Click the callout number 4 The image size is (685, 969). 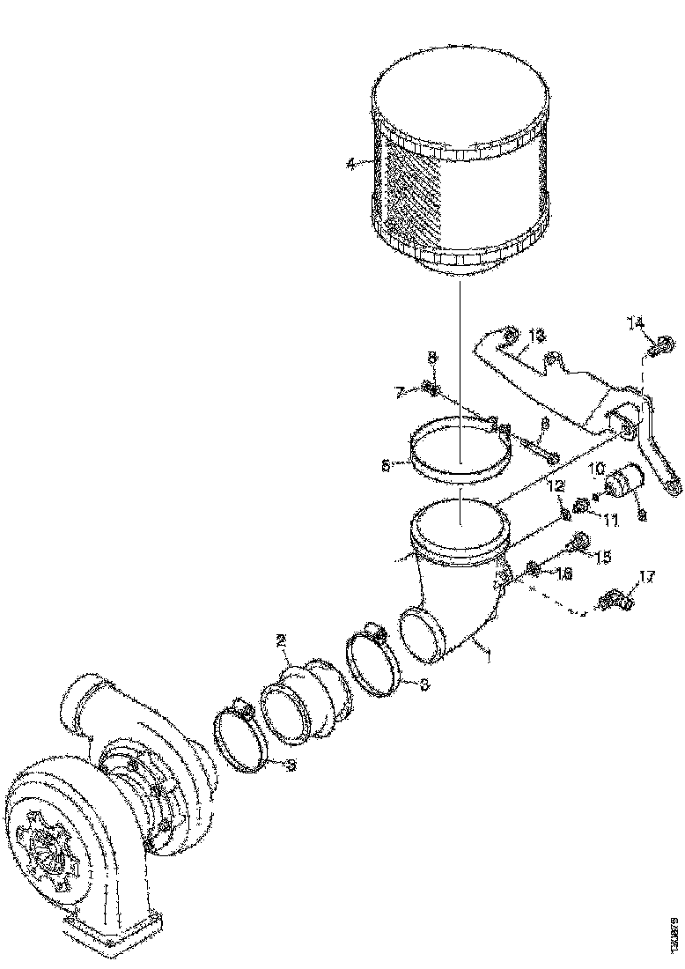[351, 164]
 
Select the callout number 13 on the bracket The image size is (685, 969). [536, 337]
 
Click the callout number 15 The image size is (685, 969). [603, 557]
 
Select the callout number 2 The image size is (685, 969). [283, 643]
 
